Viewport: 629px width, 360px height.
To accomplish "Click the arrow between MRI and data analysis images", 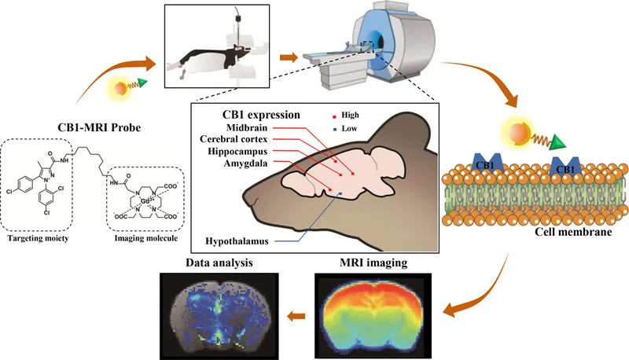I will [296, 316].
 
